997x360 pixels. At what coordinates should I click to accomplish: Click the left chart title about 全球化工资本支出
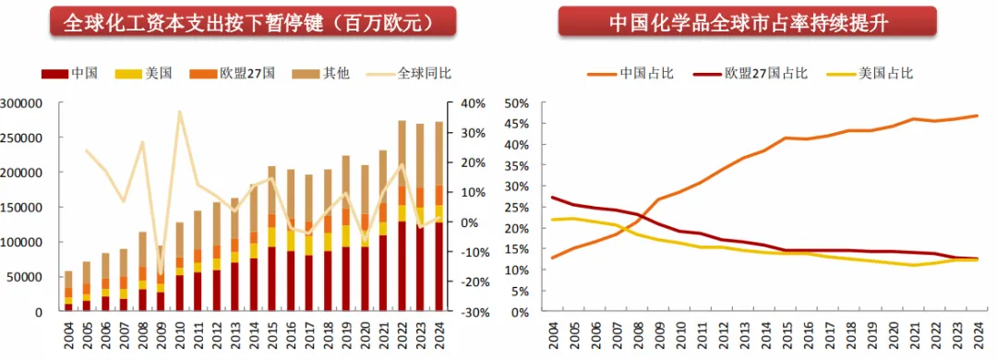[252, 22]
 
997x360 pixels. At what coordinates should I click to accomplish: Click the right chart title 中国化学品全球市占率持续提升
[748, 22]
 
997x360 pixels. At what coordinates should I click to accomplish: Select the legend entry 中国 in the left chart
[70, 73]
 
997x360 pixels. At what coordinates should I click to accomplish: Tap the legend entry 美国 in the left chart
[143, 73]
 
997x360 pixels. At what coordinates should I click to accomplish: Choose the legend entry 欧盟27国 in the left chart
[232, 73]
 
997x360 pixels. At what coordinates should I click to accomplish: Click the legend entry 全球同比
[409, 73]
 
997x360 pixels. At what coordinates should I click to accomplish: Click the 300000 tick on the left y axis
[20, 103]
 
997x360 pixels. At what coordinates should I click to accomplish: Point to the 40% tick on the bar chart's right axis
[473, 103]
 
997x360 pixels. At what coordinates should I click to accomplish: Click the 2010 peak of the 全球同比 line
[179, 112]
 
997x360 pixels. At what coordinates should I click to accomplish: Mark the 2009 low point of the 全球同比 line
[161, 273]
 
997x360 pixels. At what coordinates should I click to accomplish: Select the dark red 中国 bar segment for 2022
[401, 267]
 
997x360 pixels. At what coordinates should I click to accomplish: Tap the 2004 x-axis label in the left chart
[68, 334]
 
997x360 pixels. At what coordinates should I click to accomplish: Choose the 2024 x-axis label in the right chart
[977, 334]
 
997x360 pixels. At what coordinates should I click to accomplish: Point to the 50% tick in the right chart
[517, 103]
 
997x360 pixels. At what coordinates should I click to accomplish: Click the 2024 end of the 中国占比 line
[977, 115]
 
